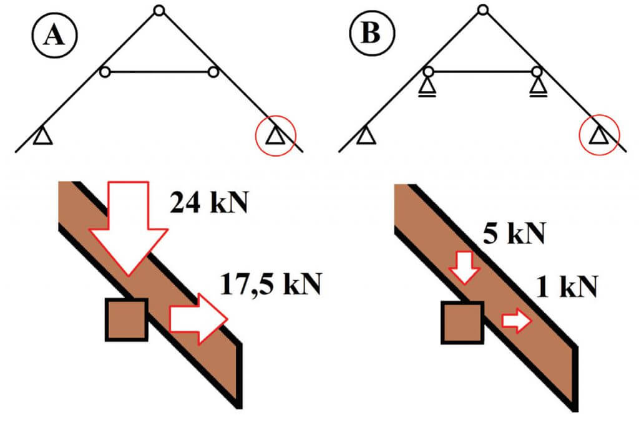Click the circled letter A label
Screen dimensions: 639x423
point(54,35)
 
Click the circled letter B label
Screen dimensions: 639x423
point(372,32)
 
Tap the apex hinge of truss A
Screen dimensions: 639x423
point(159,10)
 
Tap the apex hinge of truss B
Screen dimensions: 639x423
point(483,9)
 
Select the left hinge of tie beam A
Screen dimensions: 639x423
point(105,72)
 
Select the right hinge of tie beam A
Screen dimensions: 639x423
point(213,72)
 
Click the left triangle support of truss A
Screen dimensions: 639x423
point(42,136)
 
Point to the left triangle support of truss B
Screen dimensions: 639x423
point(366,135)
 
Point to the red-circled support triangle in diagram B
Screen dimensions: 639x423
point(599,135)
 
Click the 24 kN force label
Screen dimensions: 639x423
point(209,202)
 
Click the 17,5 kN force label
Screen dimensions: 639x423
point(271,284)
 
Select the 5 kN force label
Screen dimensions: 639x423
point(514,233)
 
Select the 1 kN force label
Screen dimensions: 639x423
point(567,286)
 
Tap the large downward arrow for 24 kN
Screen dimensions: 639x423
point(128,228)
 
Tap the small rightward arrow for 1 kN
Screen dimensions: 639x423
point(517,321)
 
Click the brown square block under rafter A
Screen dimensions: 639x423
point(126,320)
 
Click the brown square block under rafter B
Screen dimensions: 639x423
point(462,323)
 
